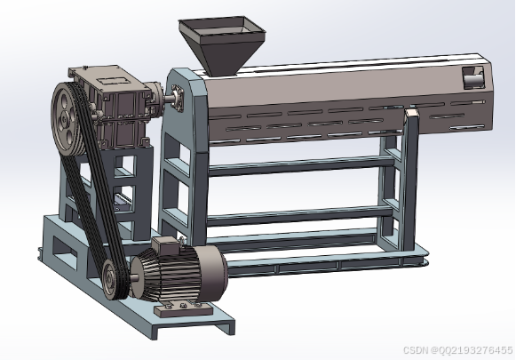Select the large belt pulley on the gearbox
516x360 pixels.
coord(67,119)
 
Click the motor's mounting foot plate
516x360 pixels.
coord(183,309)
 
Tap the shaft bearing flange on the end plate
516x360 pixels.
coord(178,98)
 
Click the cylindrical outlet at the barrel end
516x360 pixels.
coord(473,79)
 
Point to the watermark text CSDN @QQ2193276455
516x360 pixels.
coord(458,350)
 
